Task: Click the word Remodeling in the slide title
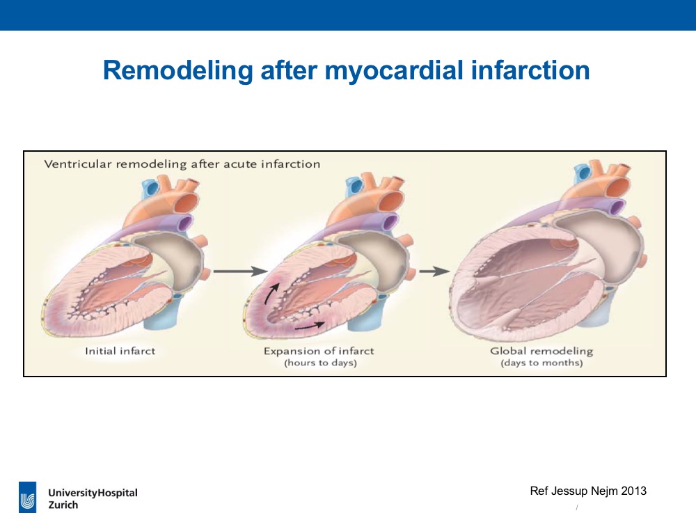pyautogui.click(x=177, y=71)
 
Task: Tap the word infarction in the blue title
pyautogui.click(x=530, y=70)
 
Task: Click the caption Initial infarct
pyautogui.click(x=120, y=351)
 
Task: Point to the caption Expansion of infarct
pyautogui.click(x=319, y=351)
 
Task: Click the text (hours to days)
pyautogui.click(x=320, y=363)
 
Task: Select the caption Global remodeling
pyautogui.click(x=541, y=351)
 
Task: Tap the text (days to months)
pyautogui.click(x=541, y=363)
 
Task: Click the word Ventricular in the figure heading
pyautogui.click(x=78, y=164)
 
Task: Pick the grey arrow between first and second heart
pyautogui.click(x=240, y=271)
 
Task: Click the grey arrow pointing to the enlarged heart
pyautogui.click(x=434, y=271)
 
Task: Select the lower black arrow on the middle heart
pyautogui.click(x=310, y=326)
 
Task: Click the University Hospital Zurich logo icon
pyautogui.click(x=28, y=497)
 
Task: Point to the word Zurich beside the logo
pyautogui.click(x=63, y=505)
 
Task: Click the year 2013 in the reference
pyautogui.click(x=634, y=491)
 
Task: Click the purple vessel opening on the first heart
pyautogui.click(x=183, y=223)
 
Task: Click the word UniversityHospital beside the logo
pyautogui.click(x=93, y=493)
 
